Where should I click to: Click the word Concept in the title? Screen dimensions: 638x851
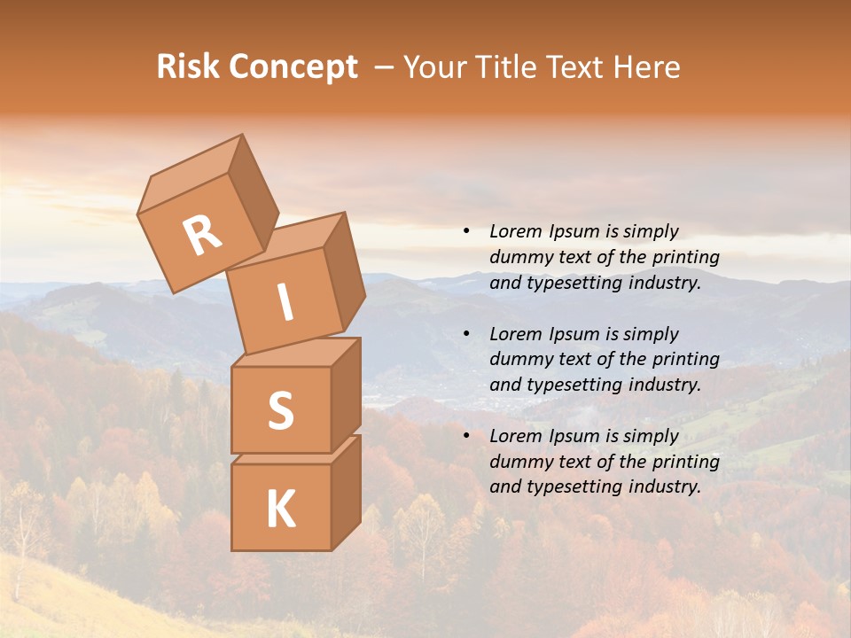coord(292,68)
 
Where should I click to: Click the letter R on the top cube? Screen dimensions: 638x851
coord(202,236)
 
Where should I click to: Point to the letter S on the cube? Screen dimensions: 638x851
coord(280,410)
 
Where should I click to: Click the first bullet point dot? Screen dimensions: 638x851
coord(466,232)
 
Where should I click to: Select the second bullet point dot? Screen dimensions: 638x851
coord(466,334)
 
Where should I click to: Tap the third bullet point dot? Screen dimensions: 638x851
coord(466,436)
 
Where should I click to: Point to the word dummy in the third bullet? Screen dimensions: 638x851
coord(517,462)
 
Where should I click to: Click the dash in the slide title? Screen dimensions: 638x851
coord(385,67)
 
